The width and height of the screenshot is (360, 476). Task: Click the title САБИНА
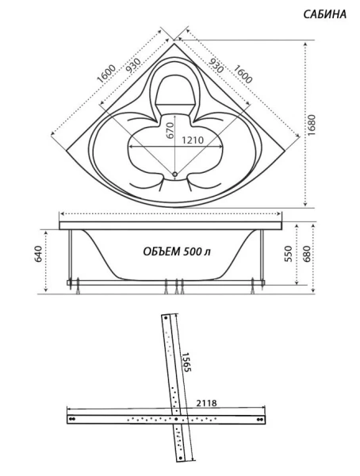point(324,14)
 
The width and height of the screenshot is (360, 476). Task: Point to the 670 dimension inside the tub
point(169,134)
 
